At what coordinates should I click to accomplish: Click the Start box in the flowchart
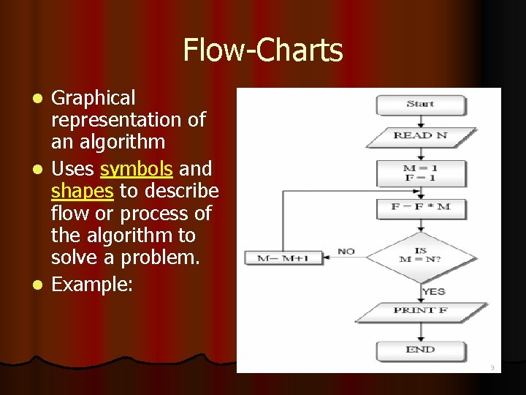pos(420,105)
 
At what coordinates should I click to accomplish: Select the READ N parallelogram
pos(420,136)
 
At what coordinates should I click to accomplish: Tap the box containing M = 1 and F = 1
pos(420,173)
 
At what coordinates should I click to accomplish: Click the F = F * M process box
pos(420,207)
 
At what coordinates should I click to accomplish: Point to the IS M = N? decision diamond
pos(420,256)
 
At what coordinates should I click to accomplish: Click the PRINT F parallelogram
pos(420,311)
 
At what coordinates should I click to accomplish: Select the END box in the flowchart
pos(420,350)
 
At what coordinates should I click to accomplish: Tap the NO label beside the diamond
pos(346,252)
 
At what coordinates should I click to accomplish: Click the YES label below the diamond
pos(433,291)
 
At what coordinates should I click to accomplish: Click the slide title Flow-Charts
pos(263,50)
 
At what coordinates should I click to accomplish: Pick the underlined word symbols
pos(137,169)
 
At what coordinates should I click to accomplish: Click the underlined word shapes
pos(83,191)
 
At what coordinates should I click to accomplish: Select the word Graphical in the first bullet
pos(94,98)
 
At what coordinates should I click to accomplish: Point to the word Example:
pos(92,284)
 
